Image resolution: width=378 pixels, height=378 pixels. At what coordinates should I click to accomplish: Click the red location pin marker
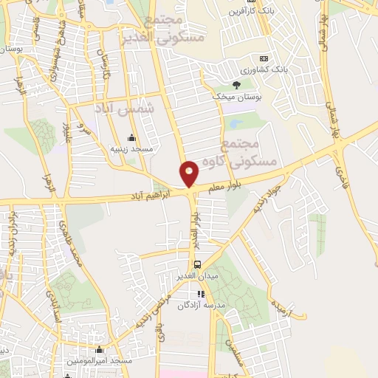click(x=190, y=173)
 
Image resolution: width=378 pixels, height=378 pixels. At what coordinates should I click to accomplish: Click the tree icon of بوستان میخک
click(x=236, y=85)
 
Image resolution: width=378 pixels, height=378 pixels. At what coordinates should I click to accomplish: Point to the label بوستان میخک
click(x=232, y=97)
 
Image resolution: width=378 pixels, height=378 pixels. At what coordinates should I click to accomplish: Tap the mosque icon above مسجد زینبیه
click(x=132, y=137)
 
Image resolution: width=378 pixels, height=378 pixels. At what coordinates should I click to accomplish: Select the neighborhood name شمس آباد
click(x=126, y=109)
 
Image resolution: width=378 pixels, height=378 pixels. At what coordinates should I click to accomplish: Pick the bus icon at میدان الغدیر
click(x=197, y=264)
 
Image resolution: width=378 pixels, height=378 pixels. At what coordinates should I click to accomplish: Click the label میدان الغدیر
click(x=196, y=276)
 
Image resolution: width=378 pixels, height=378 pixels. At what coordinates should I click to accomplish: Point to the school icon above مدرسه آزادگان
click(x=202, y=293)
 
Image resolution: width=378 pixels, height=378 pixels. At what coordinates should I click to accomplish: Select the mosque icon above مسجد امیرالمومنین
click(x=100, y=350)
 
